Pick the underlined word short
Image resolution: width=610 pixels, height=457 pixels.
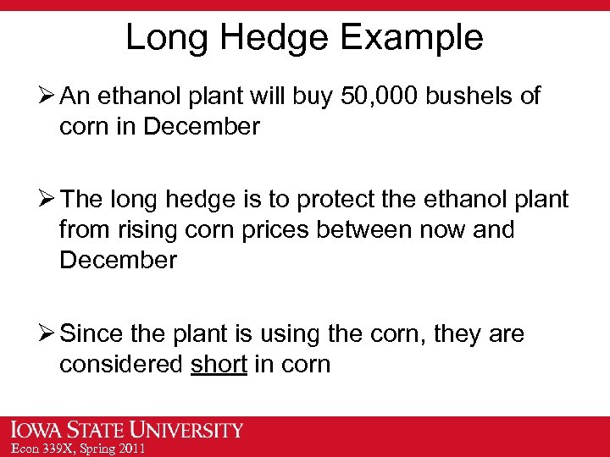click(219, 365)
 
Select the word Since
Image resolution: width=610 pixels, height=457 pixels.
click(96, 334)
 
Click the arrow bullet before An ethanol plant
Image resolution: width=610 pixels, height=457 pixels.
click(49, 96)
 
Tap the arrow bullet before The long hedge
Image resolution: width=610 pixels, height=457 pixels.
click(49, 199)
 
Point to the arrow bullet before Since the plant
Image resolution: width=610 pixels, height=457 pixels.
click(49, 334)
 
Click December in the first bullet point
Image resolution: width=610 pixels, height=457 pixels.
click(202, 127)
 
